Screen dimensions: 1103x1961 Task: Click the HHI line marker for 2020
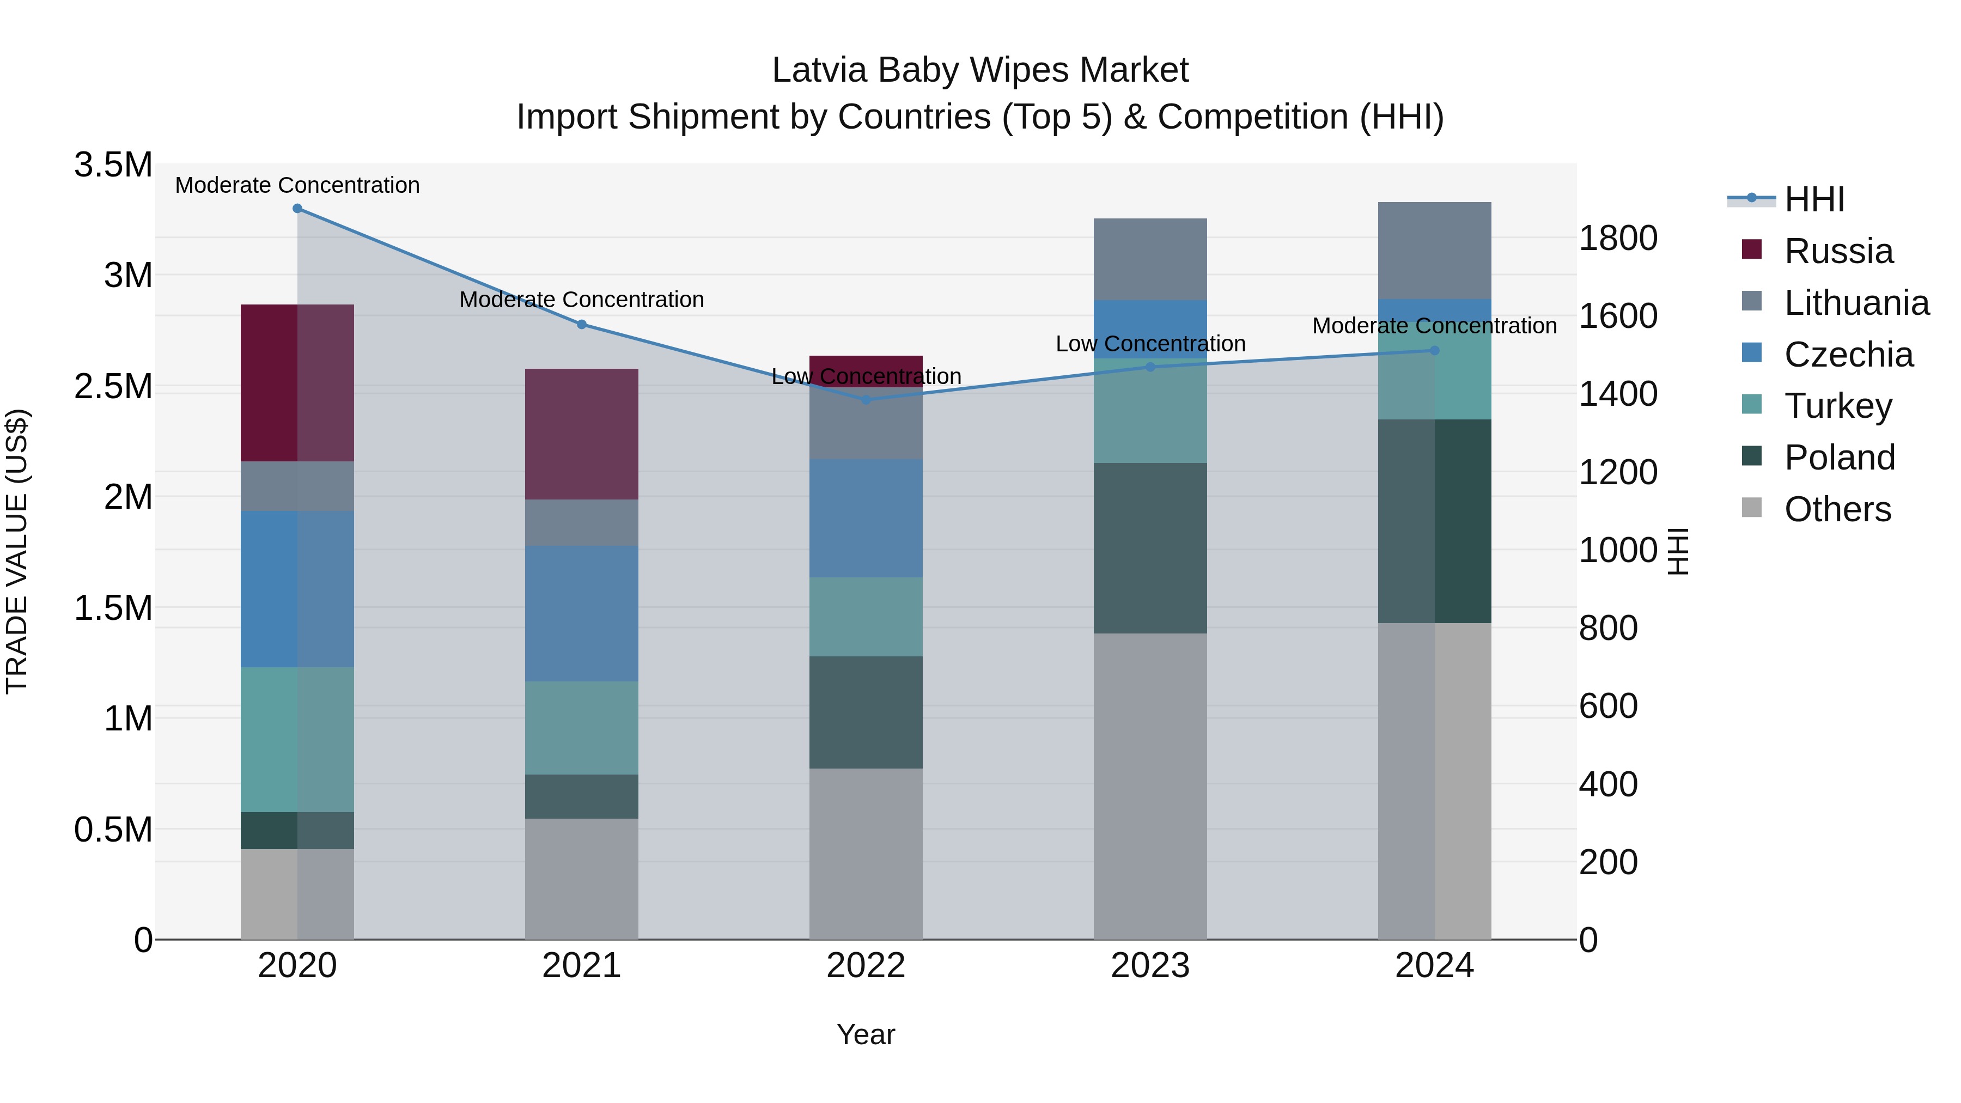[297, 209]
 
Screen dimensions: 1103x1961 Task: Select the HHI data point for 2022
[866, 400]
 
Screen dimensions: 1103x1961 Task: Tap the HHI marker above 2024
[1434, 351]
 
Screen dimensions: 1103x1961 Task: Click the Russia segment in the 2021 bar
[582, 434]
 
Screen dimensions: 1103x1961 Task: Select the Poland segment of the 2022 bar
[866, 712]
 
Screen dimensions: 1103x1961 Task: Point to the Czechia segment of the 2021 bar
[582, 613]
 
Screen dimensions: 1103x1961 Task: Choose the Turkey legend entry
[1838, 406]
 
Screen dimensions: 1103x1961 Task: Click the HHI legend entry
[1814, 199]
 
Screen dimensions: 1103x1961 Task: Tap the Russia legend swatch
[1752, 249]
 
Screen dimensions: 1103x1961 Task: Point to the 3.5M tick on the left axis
[113, 165]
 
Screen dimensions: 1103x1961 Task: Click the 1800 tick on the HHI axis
[1618, 238]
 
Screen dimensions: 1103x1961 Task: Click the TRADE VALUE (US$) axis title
[17, 551]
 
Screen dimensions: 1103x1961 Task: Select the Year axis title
[866, 1034]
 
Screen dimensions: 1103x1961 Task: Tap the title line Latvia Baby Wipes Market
[980, 70]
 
